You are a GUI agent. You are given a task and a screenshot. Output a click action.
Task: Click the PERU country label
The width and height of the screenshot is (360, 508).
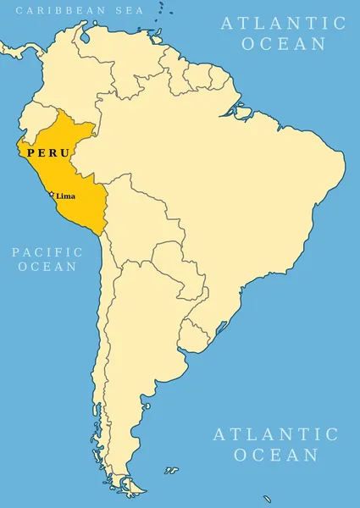pyautogui.click(x=47, y=153)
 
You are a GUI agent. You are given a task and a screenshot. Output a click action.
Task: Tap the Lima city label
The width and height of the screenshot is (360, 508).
pyautogui.click(x=65, y=196)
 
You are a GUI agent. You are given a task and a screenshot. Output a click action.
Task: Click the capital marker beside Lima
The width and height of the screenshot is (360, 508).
pyautogui.click(x=53, y=195)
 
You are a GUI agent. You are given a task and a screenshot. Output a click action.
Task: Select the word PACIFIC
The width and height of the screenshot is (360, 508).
pyautogui.click(x=47, y=251)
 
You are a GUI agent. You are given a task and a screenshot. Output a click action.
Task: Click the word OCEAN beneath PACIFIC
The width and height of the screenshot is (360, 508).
pyautogui.click(x=47, y=267)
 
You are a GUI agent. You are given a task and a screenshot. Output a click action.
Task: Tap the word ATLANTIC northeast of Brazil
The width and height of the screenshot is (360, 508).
pyautogui.click(x=283, y=23)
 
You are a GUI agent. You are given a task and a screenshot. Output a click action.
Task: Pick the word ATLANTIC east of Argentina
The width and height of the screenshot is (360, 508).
pyautogui.click(x=275, y=434)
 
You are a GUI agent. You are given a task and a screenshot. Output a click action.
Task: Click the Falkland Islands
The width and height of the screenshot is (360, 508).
pyautogui.click(x=171, y=469)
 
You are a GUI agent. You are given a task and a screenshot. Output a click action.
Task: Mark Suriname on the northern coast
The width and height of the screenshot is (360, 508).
pyautogui.click(x=200, y=78)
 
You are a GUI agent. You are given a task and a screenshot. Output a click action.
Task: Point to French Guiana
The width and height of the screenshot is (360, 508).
pyautogui.click(x=219, y=79)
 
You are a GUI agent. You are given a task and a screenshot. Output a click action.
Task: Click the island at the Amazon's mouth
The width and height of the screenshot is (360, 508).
pyautogui.click(x=241, y=111)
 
